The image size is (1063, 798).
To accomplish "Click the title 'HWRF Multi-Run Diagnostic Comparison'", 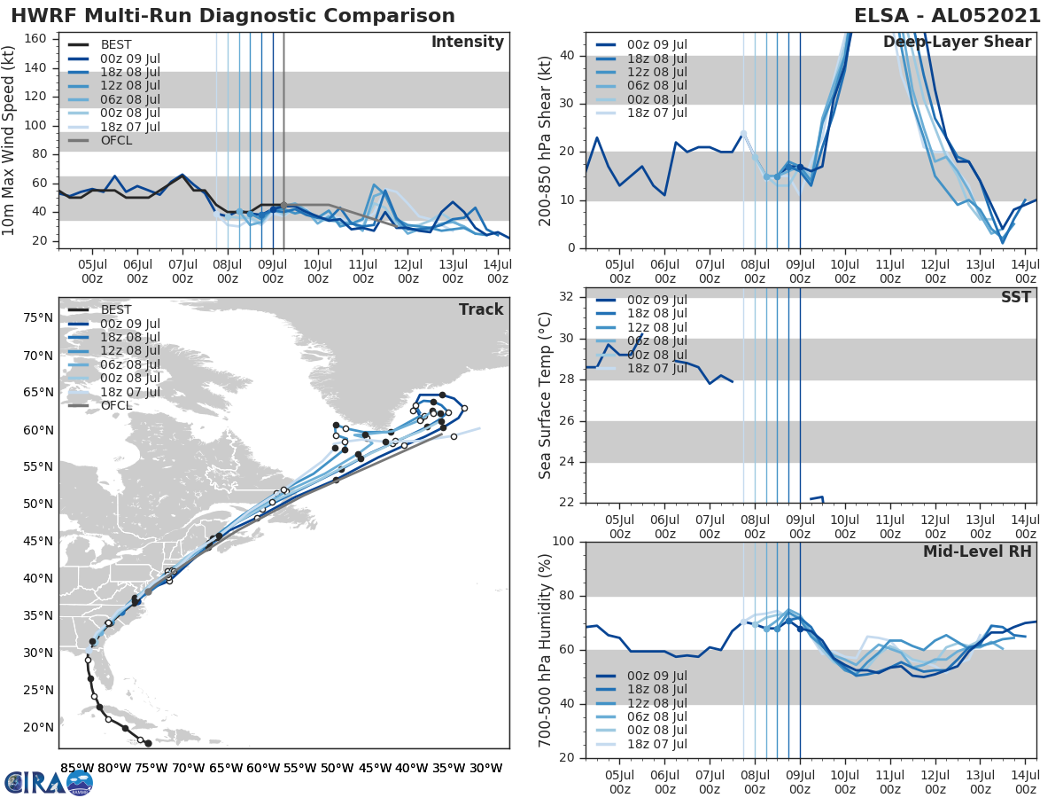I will coord(233,16).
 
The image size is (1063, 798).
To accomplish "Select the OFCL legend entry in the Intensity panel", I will coord(115,141).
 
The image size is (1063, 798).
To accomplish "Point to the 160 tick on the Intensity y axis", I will coord(36,39).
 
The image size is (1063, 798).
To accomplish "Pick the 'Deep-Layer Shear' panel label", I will coord(957,43).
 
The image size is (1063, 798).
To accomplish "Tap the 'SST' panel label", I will coord(1015,297).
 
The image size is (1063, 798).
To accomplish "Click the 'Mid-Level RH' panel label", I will coord(976,552).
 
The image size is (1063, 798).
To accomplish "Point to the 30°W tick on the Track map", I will coord(485,768).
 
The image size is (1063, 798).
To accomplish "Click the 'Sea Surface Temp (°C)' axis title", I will coord(546,395).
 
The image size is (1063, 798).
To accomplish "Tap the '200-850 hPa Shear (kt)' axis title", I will coord(546,141).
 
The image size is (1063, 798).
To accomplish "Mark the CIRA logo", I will coord(49,781).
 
